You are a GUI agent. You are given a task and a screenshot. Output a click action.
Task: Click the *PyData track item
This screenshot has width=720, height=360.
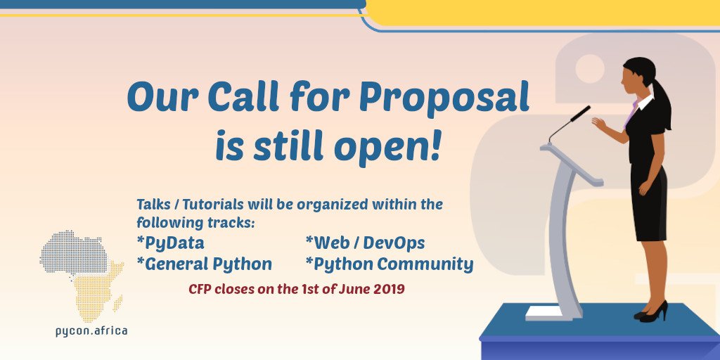(x=171, y=243)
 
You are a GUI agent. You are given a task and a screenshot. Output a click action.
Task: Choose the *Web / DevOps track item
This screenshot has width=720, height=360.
(x=365, y=243)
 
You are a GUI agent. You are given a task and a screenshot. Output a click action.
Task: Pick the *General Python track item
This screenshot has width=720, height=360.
(x=204, y=264)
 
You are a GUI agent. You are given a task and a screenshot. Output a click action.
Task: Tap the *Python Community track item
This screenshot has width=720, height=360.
(x=389, y=264)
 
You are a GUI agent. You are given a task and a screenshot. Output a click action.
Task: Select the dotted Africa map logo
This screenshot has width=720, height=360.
(x=81, y=274)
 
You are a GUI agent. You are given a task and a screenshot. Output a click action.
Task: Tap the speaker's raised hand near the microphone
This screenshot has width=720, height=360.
(x=599, y=123)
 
